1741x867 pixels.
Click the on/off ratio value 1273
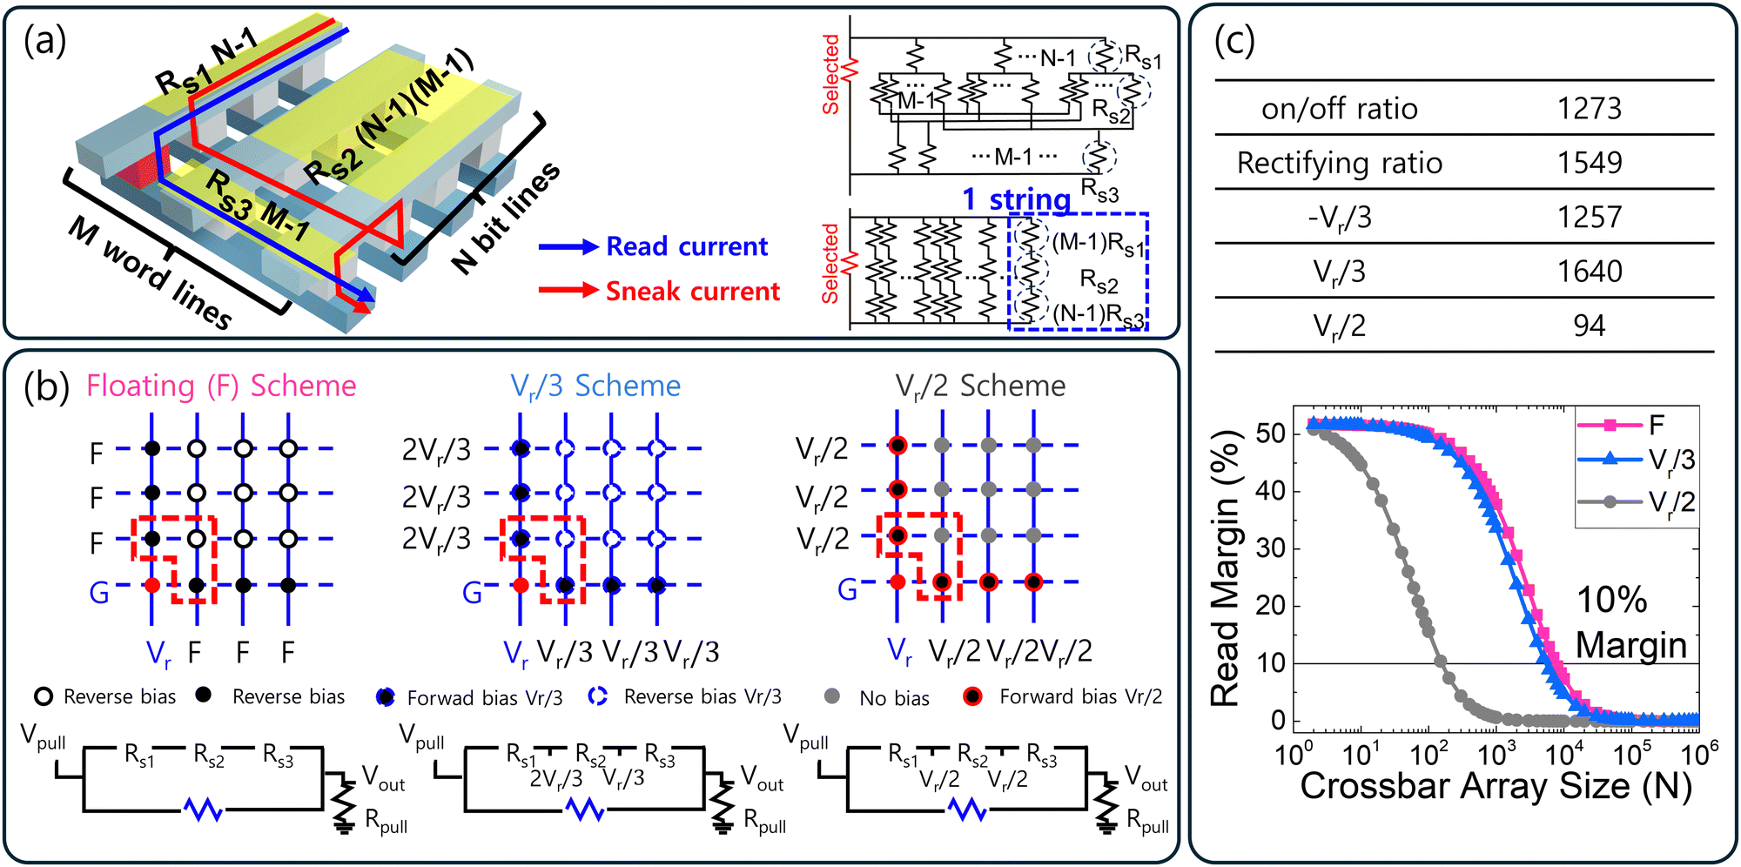(1590, 109)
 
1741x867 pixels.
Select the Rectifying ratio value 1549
(1590, 163)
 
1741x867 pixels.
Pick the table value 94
(1590, 326)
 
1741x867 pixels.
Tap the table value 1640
(1590, 272)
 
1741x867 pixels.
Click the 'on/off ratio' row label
(1340, 109)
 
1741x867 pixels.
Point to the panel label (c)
(1234, 40)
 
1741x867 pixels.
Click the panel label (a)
(45, 40)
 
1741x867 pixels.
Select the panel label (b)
(46, 386)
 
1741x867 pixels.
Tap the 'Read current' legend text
(687, 246)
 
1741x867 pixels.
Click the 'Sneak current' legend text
(693, 291)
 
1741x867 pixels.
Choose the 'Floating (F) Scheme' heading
(221, 386)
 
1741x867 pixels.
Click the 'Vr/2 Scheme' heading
(980, 386)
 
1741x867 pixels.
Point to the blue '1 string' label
(1016, 199)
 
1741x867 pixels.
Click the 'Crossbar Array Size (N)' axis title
(1496, 785)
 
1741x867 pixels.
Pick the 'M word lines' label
(150, 272)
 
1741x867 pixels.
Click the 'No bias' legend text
(894, 698)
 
